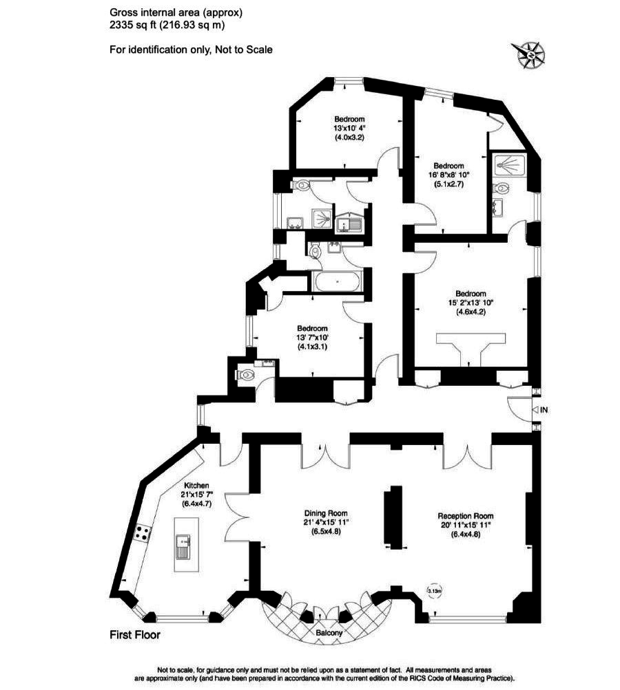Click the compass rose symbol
click(529, 52)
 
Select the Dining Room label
click(326, 513)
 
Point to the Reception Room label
click(466, 516)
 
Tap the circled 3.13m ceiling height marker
click(435, 590)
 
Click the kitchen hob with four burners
click(143, 532)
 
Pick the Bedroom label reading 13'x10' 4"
click(349, 118)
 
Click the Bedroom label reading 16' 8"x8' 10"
click(448, 166)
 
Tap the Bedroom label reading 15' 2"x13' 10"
click(471, 294)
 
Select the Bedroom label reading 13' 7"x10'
click(312, 329)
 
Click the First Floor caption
click(135, 635)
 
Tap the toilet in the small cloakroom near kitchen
click(247, 375)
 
